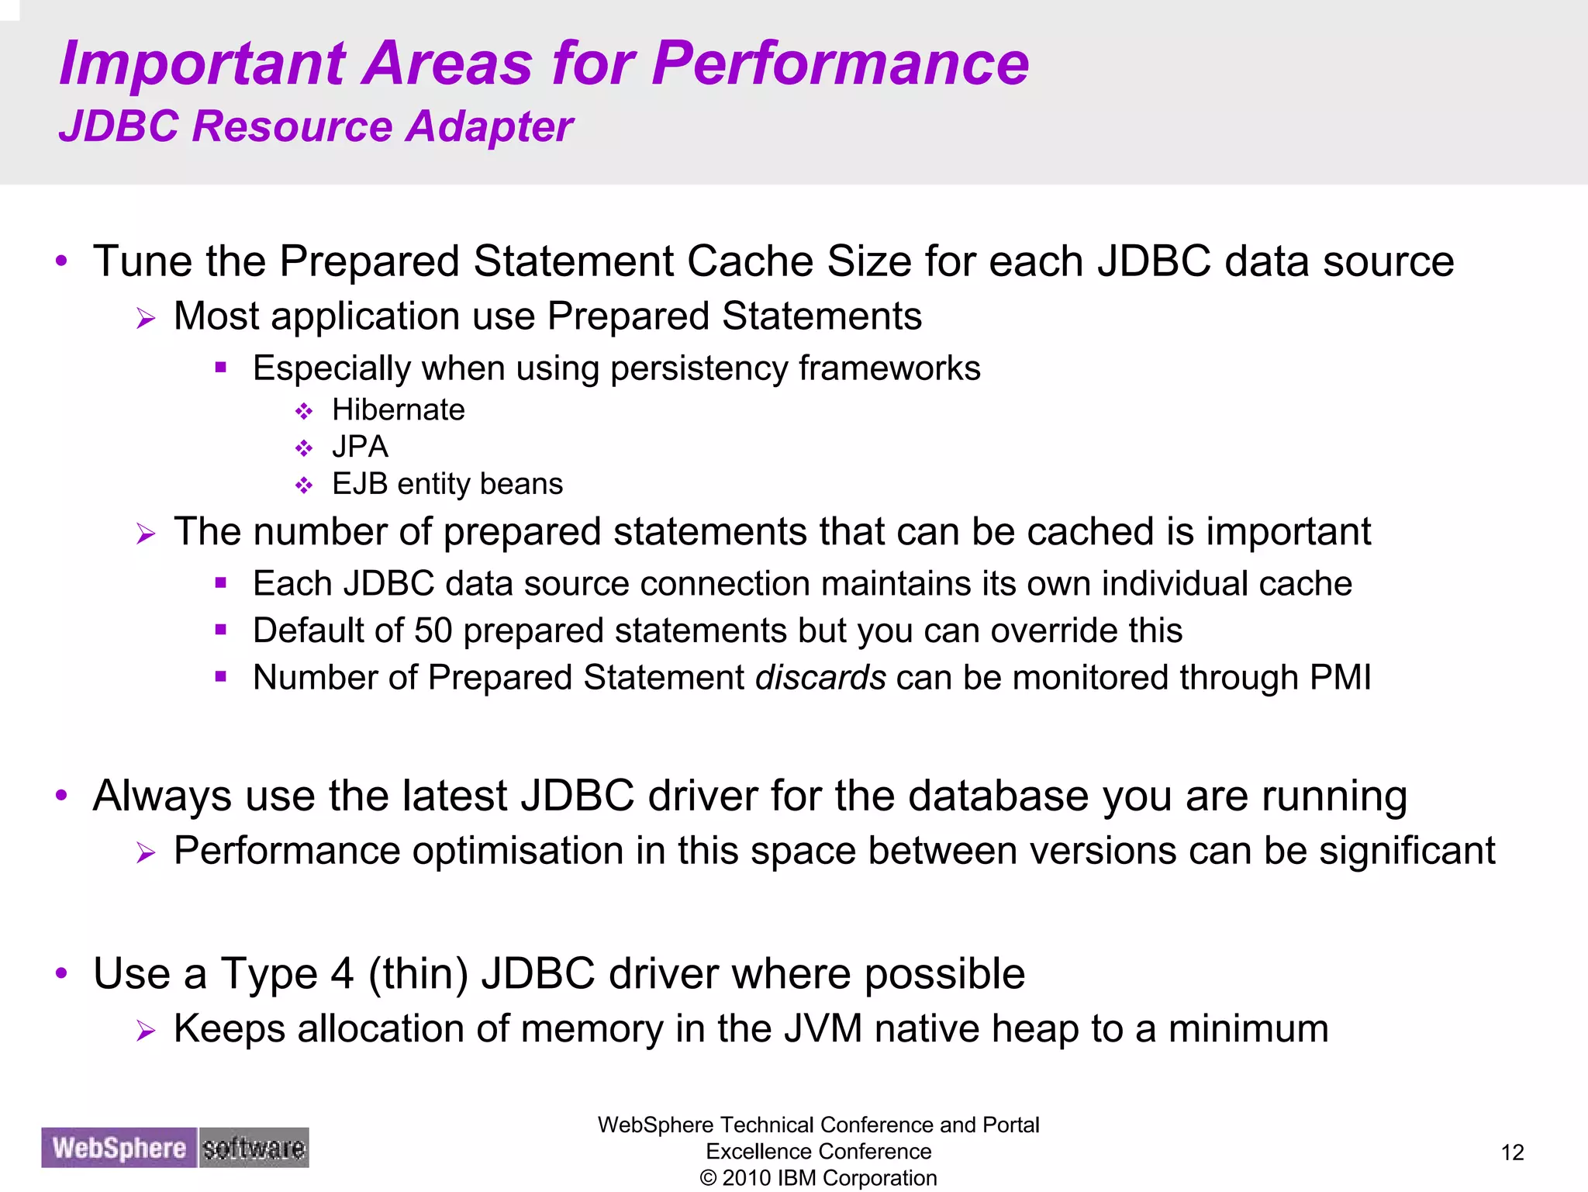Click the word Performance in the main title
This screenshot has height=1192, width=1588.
coord(840,64)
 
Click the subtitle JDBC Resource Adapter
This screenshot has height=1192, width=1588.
coord(316,126)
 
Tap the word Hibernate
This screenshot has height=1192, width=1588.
coord(398,409)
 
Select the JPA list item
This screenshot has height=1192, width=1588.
coord(360,447)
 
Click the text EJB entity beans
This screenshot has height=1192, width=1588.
coord(447,484)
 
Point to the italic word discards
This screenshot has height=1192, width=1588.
coord(820,678)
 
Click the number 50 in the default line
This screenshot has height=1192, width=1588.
coord(433,631)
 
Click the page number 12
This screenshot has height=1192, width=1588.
coord(1512,1152)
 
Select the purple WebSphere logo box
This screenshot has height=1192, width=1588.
coord(119,1148)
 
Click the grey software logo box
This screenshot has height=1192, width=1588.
coord(254,1148)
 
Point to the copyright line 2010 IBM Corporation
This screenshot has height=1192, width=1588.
coord(818,1178)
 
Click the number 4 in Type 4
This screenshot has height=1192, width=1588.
coord(342,974)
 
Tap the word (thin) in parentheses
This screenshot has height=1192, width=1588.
coord(418,974)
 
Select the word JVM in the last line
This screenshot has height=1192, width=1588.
coord(823,1029)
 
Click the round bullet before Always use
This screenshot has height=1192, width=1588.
coord(62,795)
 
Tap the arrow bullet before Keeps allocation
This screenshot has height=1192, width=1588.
coord(146,1031)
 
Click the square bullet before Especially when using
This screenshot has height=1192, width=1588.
coord(221,368)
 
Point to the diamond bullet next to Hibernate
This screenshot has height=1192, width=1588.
coord(304,411)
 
